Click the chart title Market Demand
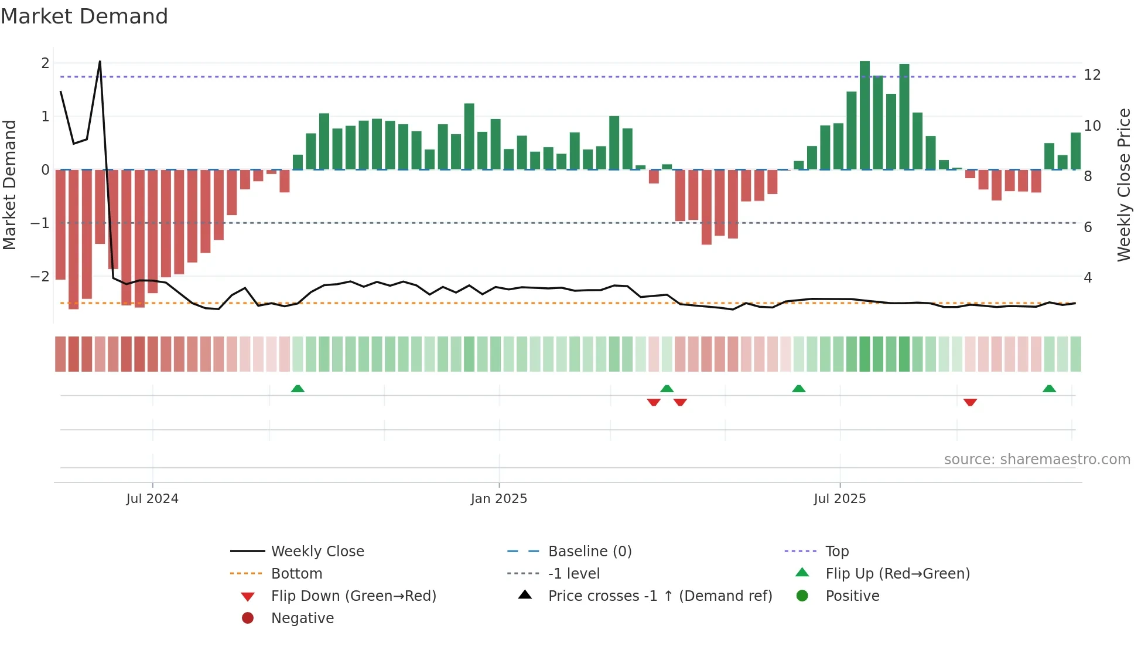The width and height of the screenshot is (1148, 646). [84, 16]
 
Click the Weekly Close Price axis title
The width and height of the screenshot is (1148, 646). [1123, 185]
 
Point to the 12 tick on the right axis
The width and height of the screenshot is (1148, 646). [1092, 75]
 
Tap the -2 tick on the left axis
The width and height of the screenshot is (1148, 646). [40, 277]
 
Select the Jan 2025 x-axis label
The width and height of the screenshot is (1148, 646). [498, 499]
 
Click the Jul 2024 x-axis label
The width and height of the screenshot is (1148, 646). [152, 499]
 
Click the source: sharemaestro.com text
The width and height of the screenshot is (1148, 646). [1037, 460]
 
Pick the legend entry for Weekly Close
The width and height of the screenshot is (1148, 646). [317, 552]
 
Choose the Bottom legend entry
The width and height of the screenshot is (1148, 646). [296, 574]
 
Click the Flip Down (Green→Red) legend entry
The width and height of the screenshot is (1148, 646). [353, 596]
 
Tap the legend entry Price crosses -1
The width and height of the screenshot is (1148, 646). [660, 596]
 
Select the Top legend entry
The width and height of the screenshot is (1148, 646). [836, 552]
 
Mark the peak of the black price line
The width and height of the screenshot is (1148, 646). [100, 61]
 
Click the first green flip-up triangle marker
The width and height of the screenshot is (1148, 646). [298, 389]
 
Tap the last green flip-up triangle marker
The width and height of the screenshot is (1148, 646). [1049, 389]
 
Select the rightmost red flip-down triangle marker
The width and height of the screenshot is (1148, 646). [970, 402]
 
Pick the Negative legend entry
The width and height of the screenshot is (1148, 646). [302, 618]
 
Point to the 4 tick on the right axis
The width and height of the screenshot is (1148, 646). [1088, 278]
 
